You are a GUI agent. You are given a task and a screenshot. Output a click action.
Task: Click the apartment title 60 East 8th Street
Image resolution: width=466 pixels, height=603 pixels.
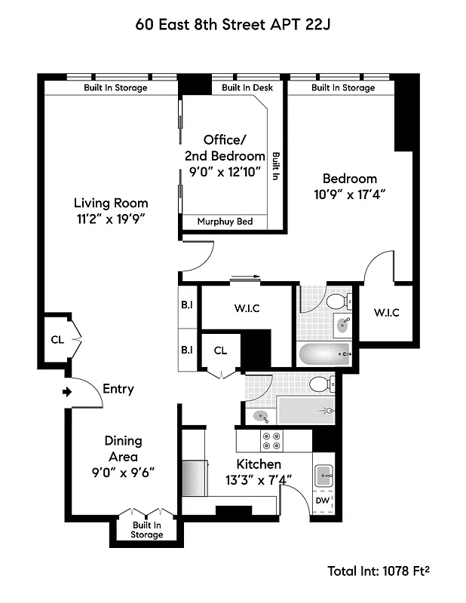click(233, 24)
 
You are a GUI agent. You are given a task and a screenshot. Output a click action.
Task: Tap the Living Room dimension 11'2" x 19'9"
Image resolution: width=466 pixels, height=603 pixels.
click(110, 219)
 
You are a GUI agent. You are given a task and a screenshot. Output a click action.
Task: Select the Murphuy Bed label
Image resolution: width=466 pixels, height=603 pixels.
click(224, 222)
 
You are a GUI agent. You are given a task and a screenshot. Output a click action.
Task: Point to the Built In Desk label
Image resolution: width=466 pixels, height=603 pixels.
click(247, 87)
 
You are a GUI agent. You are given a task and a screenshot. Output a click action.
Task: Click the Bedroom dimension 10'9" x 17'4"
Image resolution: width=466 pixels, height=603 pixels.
click(349, 194)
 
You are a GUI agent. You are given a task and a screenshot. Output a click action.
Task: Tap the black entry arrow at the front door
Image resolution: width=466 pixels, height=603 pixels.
click(67, 391)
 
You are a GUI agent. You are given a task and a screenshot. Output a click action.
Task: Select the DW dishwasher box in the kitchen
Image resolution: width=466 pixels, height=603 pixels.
click(322, 500)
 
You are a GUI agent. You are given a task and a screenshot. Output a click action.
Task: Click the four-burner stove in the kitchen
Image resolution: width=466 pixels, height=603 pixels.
click(271, 440)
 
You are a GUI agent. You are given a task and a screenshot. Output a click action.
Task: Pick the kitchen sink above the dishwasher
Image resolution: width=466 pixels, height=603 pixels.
click(324, 474)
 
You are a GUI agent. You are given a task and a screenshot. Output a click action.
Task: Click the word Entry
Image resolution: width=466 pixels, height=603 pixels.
click(118, 389)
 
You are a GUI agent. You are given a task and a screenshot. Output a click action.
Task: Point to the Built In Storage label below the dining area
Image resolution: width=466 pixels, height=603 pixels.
click(147, 530)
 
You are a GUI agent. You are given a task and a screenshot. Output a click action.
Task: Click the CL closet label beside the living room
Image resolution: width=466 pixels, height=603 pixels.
click(57, 339)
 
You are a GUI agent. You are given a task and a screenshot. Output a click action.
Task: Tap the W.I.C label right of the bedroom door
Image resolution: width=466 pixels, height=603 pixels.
click(385, 313)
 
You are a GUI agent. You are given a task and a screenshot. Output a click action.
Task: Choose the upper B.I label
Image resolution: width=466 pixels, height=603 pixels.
click(187, 307)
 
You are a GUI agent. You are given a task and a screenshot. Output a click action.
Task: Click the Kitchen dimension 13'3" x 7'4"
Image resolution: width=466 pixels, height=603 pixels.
click(259, 479)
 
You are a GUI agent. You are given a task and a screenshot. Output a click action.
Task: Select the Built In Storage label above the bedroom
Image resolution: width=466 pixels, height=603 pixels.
click(343, 87)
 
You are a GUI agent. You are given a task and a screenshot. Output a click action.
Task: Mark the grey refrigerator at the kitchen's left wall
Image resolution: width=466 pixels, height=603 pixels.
click(195, 476)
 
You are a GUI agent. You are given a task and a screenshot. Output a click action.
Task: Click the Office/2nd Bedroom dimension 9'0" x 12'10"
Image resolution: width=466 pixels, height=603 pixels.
click(225, 171)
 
